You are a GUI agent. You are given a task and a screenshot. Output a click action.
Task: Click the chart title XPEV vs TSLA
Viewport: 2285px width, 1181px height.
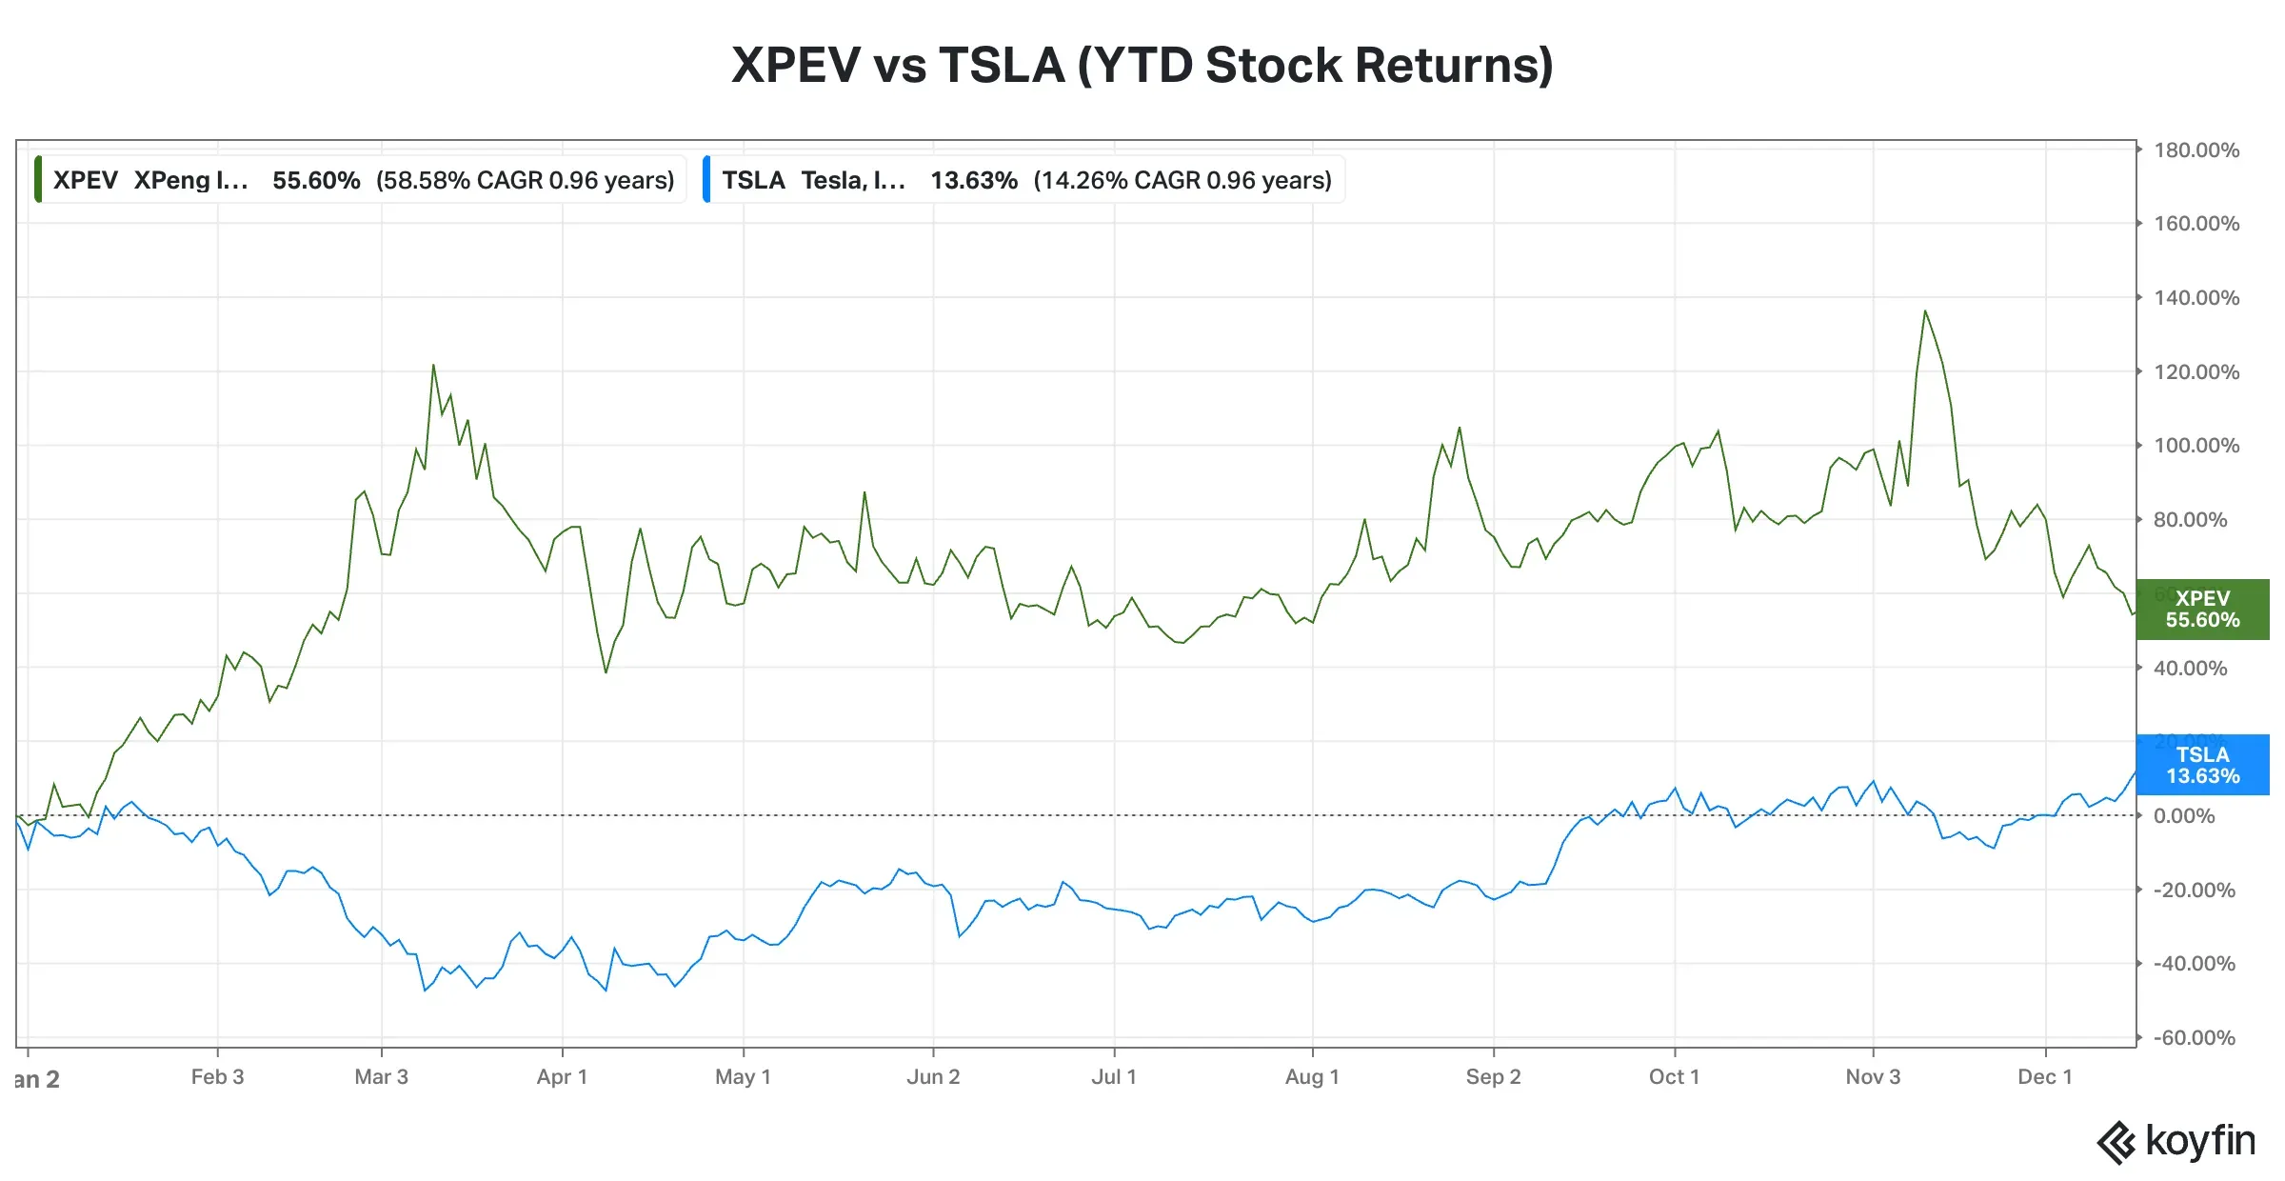[x=1142, y=65]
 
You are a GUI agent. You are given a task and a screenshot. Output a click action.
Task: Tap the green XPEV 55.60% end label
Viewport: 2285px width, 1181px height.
[x=2201, y=610]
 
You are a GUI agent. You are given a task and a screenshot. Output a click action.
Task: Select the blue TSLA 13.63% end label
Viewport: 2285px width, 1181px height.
[x=2201, y=765]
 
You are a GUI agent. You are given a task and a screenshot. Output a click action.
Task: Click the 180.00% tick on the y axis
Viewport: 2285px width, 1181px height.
[x=2196, y=150]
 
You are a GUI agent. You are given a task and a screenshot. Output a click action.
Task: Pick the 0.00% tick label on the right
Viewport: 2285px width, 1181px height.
[x=2184, y=816]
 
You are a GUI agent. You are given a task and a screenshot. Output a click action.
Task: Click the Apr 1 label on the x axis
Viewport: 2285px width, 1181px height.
[x=562, y=1077]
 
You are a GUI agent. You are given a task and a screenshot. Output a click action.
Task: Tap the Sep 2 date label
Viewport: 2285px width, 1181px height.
[x=1493, y=1077]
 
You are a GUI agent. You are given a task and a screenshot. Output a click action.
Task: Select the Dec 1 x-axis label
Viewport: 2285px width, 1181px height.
[x=2044, y=1077]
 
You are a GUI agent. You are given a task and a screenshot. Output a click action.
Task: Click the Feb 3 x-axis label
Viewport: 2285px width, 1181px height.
[x=217, y=1077]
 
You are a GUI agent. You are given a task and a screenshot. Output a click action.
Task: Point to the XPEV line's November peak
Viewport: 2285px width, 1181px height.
[x=1924, y=311]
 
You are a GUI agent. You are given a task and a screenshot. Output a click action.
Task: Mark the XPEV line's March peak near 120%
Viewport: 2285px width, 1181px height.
[x=433, y=366]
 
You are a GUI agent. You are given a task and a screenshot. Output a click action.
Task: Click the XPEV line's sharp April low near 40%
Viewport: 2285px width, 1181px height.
[x=606, y=671]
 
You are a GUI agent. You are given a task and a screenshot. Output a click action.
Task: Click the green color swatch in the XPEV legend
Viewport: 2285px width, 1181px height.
[x=38, y=180]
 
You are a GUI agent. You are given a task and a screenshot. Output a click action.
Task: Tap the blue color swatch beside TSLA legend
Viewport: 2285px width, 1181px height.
[x=706, y=180]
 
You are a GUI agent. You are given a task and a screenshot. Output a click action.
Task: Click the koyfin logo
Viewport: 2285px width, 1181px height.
[x=2176, y=1141]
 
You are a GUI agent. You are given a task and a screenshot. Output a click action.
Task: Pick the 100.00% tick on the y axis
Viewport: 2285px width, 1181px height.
[x=2196, y=446]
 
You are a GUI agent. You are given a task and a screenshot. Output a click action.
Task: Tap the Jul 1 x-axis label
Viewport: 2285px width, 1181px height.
[x=1113, y=1077]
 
